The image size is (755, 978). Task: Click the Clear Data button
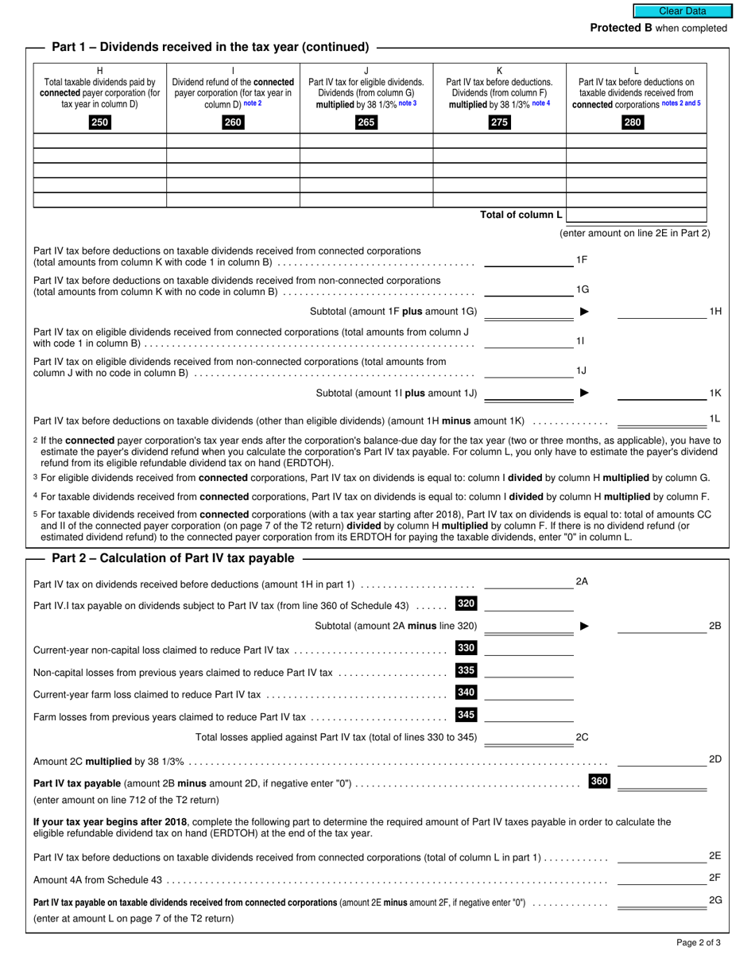coord(682,11)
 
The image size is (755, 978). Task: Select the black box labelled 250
coord(100,122)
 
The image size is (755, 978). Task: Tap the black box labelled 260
coord(233,122)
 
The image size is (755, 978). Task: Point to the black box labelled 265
coord(366,122)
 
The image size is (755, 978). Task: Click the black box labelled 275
coord(499,122)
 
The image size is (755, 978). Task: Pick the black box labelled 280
coord(633,122)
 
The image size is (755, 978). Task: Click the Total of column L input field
coord(637,215)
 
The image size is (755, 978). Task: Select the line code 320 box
coord(466,603)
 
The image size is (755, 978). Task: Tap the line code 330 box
coord(466,648)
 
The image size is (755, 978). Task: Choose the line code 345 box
coord(466,715)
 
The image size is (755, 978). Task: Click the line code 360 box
coord(599,782)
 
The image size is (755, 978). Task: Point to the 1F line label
coord(582,259)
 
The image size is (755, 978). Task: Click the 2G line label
coord(714,900)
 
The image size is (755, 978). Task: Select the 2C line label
coord(582,737)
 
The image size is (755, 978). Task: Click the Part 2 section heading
coord(172,558)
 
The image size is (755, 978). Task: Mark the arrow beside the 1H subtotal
coord(585,312)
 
